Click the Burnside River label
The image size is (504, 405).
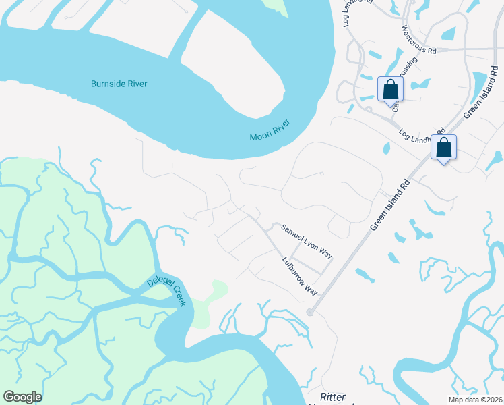click(119, 84)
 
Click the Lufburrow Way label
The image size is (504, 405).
click(300, 275)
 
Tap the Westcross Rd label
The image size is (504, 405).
click(419, 40)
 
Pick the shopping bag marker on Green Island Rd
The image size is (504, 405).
click(444, 147)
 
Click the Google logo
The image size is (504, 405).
click(22, 397)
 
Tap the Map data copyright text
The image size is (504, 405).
click(476, 398)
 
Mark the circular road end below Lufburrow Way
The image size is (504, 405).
click(310, 312)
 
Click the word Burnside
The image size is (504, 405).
click(108, 84)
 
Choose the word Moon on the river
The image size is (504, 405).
click(260, 135)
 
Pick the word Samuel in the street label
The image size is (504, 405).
click(292, 233)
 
